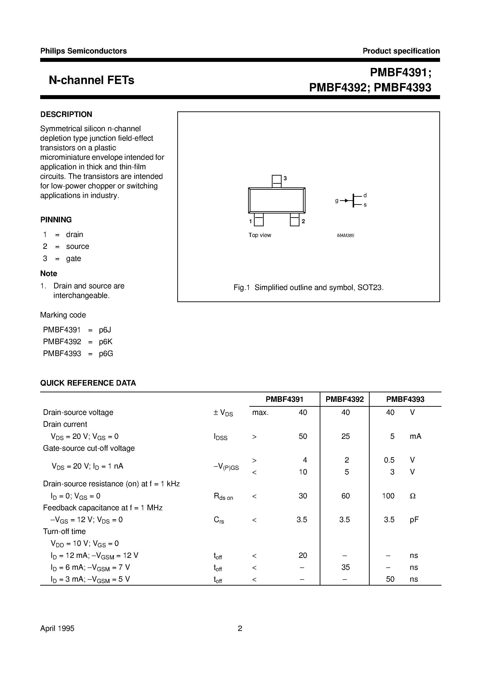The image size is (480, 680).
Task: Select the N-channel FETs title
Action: [x=92, y=80]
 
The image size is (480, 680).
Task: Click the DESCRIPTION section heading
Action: [x=66, y=114]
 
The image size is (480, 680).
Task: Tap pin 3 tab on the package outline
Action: [x=276, y=181]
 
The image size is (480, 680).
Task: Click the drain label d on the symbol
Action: [x=365, y=195]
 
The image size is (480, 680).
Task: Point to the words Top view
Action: [x=260, y=235]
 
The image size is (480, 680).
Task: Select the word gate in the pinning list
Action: [x=73, y=258]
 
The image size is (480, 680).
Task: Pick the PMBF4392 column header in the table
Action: [x=345, y=399]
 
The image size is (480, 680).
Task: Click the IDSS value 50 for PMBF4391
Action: [x=302, y=436]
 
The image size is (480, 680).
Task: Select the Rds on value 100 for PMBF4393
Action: [x=388, y=496]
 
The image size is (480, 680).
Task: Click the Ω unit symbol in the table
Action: [x=413, y=496]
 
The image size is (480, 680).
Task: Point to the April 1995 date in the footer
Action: [x=57, y=628]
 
